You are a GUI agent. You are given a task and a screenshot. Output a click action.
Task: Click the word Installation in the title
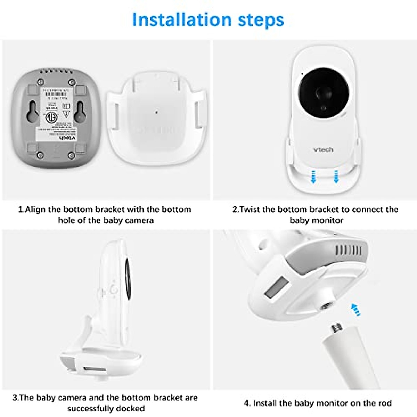(181, 19)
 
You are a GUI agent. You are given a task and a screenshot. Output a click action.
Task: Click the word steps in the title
(261, 20)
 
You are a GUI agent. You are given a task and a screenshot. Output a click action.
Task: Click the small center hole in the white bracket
(156, 112)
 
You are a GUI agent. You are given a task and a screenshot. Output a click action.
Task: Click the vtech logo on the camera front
(323, 150)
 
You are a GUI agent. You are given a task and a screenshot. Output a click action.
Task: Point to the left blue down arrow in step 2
(313, 177)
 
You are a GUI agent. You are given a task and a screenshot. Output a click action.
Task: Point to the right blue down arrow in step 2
(336, 177)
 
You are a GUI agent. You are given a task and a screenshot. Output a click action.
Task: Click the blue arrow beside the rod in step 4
(355, 309)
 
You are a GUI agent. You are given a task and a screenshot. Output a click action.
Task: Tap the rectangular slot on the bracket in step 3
(94, 369)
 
